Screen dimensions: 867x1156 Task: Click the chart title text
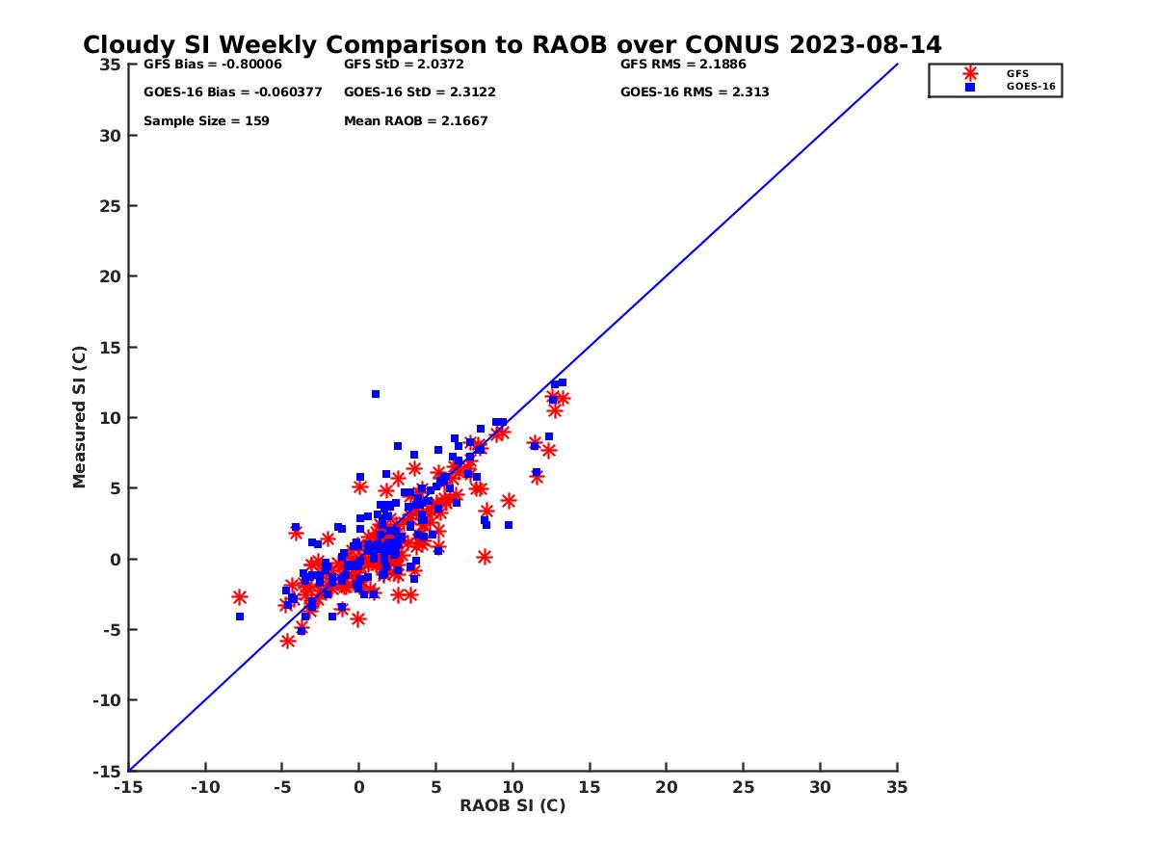coord(512,45)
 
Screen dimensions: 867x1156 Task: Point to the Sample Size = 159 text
coord(206,121)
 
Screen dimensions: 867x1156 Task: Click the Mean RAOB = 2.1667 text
coord(415,121)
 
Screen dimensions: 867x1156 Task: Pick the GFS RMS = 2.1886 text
coord(683,65)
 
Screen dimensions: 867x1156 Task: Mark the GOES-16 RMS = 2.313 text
coord(694,92)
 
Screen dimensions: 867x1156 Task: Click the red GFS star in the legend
coord(970,73)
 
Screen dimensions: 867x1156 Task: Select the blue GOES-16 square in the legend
coord(970,87)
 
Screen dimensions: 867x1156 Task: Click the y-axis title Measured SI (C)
coord(80,417)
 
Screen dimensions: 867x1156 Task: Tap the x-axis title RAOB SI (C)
coord(512,805)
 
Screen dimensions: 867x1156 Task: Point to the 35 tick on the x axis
coord(897,787)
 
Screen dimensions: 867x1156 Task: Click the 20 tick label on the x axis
coord(666,787)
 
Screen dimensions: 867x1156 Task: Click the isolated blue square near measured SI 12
coord(376,394)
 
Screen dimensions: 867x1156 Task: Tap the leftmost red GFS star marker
coord(240,597)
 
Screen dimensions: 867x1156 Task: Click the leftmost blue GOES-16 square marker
coord(240,617)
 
